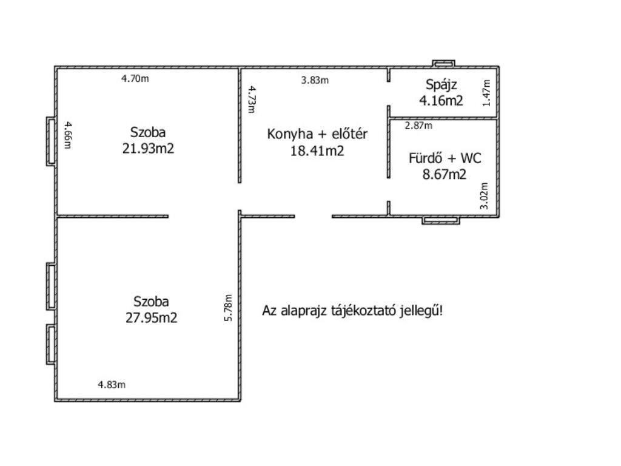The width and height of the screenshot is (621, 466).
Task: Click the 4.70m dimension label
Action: tap(135, 78)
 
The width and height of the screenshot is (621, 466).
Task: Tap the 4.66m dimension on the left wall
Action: tap(68, 135)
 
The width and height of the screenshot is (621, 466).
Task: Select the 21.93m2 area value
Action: tap(148, 149)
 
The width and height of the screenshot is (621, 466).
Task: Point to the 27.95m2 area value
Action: tap(151, 318)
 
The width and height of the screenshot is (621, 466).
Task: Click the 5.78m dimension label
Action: tap(229, 308)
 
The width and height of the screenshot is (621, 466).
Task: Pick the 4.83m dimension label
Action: tap(112, 384)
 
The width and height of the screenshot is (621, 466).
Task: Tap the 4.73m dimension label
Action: tap(252, 100)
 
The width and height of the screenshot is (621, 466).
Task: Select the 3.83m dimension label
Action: tap(315, 80)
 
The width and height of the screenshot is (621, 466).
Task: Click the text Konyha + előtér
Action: tap(317, 134)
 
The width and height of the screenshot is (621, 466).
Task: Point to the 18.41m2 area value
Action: tap(317, 151)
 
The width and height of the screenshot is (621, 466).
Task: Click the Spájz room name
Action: tap(441, 85)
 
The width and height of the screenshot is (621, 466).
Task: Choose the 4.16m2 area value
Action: tap(441, 101)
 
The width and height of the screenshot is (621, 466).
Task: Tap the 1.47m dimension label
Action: tap(486, 93)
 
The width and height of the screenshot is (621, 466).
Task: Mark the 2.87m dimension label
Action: tap(418, 126)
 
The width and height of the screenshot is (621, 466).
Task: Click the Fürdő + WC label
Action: tap(445, 158)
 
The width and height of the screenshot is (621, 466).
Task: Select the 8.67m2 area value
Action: tap(445, 174)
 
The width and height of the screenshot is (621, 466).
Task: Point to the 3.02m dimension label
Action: tap(484, 196)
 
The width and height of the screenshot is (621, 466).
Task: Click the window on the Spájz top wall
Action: tap(443, 63)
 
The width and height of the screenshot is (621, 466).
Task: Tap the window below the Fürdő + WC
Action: tap(441, 220)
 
